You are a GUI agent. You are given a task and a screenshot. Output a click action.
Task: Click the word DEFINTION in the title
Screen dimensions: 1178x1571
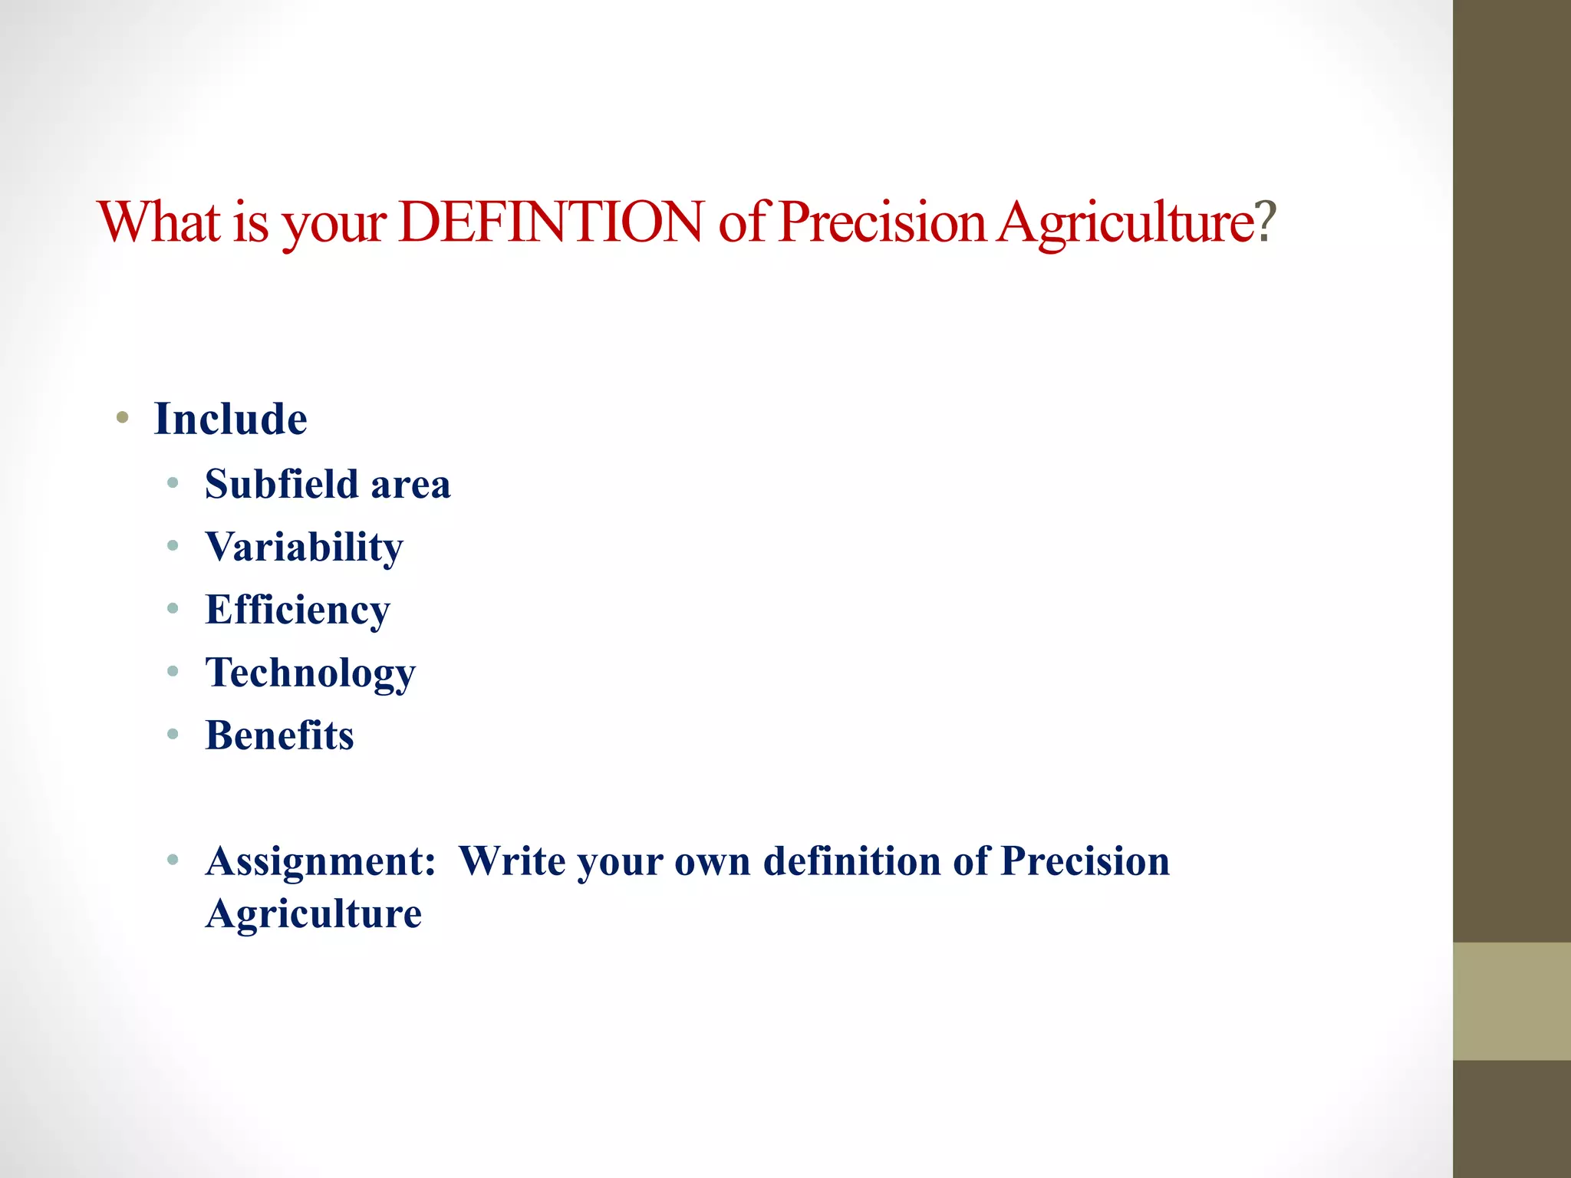551,222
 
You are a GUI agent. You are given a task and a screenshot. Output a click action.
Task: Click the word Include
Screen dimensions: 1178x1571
230,420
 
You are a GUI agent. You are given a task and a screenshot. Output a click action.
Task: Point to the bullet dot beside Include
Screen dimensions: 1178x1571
122,418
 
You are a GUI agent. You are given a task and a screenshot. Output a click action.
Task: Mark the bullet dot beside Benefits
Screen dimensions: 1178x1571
173,735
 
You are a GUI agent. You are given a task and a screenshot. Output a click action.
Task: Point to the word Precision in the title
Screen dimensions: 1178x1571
882,222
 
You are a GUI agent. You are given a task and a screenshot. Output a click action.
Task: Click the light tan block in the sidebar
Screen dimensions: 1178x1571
1511,1001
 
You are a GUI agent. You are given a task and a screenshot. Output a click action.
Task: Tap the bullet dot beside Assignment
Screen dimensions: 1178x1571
173,860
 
